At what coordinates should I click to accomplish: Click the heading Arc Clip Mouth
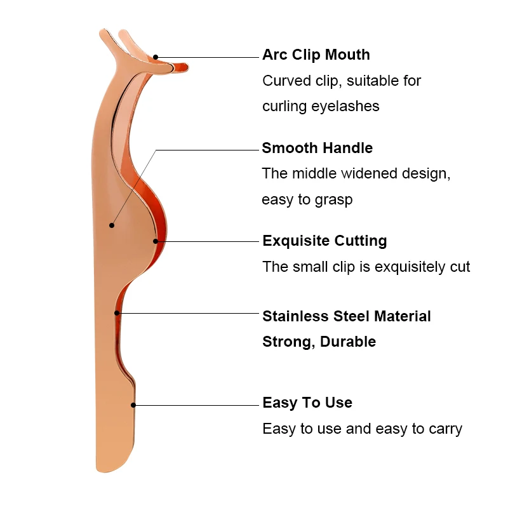point(316,55)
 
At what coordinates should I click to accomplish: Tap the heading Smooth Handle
point(317,149)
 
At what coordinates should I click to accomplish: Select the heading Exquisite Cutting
point(324,241)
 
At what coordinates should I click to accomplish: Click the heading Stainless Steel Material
point(347,316)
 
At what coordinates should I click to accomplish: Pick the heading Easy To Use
point(307,403)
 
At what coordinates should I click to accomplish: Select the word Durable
point(348,342)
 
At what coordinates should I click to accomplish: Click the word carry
point(444,429)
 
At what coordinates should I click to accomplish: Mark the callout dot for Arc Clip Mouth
point(156,57)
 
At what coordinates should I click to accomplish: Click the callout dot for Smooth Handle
point(112,225)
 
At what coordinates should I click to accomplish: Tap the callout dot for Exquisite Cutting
point(156,241)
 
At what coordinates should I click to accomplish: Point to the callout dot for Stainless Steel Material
point(117,312)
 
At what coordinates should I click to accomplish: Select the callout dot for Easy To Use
point(133,404)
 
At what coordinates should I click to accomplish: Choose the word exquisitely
point(411,267)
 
